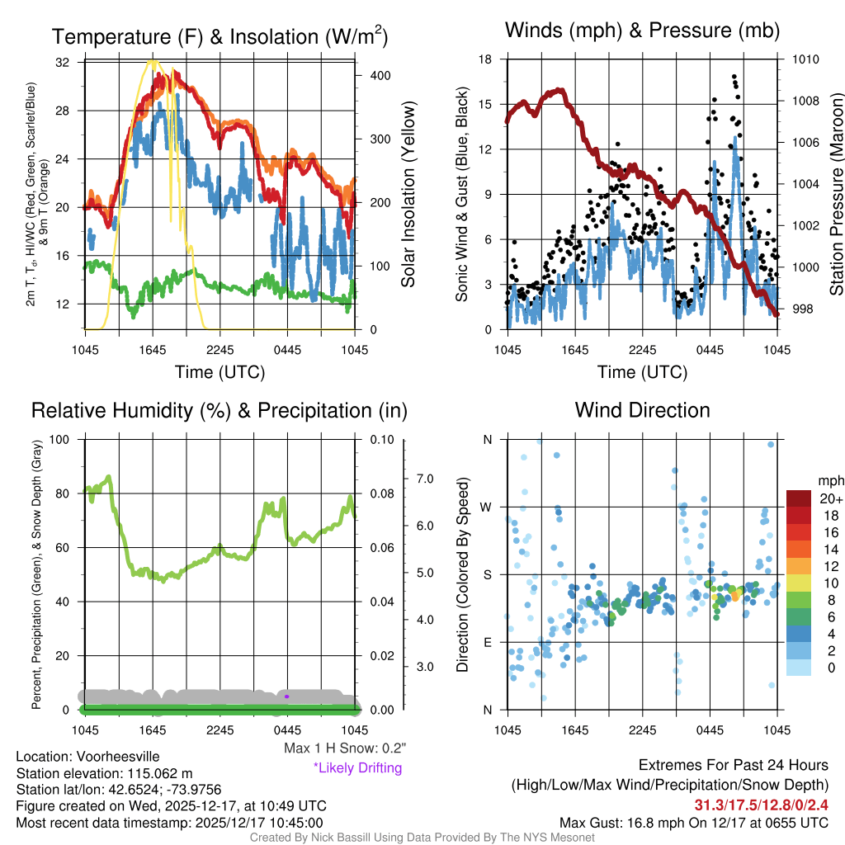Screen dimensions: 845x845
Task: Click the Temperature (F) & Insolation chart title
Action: [x=220, y=36]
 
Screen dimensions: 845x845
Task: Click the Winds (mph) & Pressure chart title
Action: [x=642, y=31]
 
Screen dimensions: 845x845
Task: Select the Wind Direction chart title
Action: [x=642, y=410]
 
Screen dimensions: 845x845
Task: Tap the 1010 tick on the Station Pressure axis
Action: [x=805, y=59]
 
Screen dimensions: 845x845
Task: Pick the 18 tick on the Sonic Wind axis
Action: [x=485, y=59]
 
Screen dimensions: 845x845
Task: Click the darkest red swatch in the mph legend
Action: [x=798, y=498]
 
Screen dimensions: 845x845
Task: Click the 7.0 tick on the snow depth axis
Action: [x=426, y=479]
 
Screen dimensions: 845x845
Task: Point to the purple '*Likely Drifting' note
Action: [x=357, y=767]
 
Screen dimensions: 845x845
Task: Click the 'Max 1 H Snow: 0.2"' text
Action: [x=344, y=748]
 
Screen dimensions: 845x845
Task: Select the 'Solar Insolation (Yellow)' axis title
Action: [x=408, y=195]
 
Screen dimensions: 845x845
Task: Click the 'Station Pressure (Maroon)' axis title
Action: [x=836, y=194]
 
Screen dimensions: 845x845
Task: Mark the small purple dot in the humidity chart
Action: [x=286, y=696]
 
